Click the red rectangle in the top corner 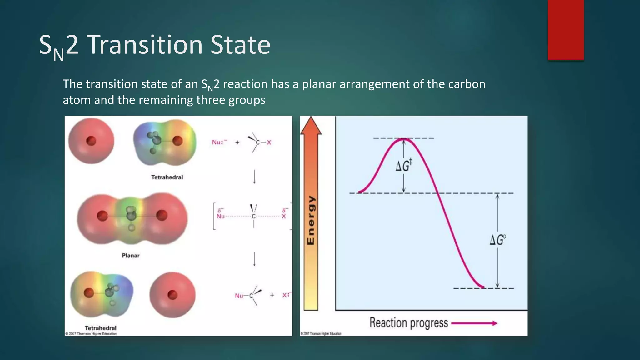566,30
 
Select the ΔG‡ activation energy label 404,165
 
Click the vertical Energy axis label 311,220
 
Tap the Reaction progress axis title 409,323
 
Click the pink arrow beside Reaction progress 474,323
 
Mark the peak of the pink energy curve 404,138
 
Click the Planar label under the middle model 131,256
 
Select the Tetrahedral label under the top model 167,177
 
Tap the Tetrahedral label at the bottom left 101,328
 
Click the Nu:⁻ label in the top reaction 219,142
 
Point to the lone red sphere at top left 91,141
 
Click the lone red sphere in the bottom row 172,295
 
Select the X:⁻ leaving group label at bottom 286,295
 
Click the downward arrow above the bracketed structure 254,177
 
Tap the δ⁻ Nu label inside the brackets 221,214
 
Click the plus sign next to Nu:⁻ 237,142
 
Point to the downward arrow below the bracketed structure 254,259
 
